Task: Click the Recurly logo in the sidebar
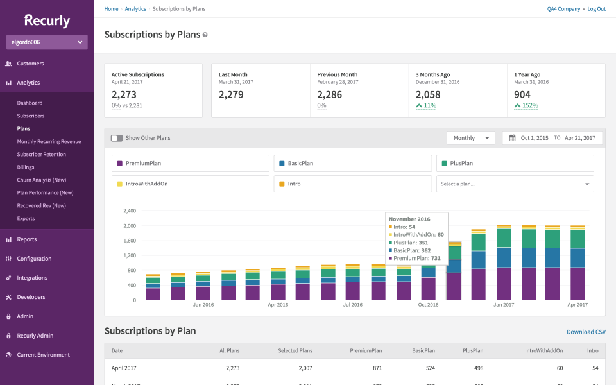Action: [47, 21]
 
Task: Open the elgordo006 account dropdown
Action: [47, 42]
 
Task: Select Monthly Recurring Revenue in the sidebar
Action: [49, 141]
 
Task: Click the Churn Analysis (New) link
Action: [41, 180]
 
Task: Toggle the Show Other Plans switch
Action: [116, 138]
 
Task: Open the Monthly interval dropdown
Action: [471, 138]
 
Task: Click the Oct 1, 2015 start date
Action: [534, 138]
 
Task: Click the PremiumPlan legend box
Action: [191, 164]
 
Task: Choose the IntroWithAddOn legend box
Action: [191, 184]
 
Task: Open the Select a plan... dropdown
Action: [515, 184]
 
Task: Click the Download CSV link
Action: [586, 332]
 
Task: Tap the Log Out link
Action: [596, 9]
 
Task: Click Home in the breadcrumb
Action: [111, 9]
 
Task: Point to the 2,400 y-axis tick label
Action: [129, 210]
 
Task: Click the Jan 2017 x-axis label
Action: [503, 305]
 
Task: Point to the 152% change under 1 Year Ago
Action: [530, 105]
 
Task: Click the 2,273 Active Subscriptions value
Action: [124, 94]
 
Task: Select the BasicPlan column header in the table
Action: [423, 351]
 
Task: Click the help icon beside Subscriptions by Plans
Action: [205, 35]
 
